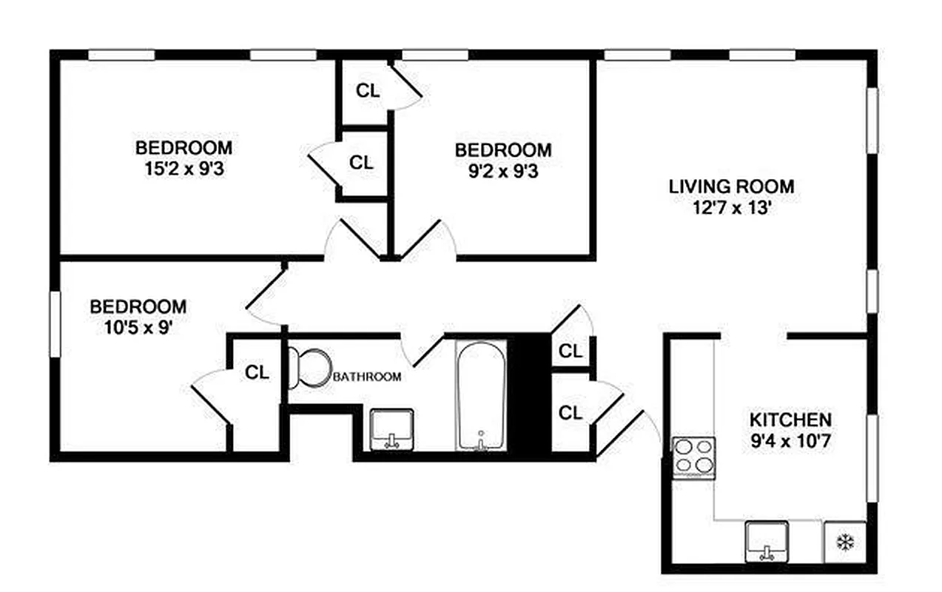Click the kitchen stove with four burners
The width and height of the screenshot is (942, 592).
(694, 456)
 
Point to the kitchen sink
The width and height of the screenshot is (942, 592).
(767, 540)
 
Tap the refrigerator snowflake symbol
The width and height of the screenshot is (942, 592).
(844, 542)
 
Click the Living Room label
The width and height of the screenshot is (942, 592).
(731, 186)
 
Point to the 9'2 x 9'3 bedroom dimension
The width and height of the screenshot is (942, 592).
(503, 170)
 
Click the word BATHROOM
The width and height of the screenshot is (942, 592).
(368, 377)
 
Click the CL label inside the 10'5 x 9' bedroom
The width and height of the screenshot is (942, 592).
(257, 373)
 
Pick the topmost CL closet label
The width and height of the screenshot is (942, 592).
(368, 91)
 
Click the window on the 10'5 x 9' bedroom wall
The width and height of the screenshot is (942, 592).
(55, 325)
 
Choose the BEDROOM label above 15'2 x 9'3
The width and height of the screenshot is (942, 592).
(184, 147)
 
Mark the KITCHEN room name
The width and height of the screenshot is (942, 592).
(790, 420)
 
